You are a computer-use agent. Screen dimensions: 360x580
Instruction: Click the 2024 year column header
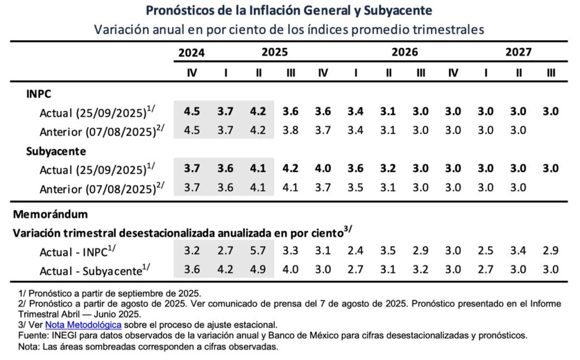191,53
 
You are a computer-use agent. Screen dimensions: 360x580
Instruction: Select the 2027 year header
518,53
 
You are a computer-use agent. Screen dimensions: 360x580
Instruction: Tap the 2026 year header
404,53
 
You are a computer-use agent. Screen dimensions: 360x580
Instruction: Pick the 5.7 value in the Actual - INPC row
258,250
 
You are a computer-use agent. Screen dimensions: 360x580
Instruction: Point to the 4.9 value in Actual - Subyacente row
258,269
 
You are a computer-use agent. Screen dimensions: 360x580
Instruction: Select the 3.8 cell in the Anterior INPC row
291,131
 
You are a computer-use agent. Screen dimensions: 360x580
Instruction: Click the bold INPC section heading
39,93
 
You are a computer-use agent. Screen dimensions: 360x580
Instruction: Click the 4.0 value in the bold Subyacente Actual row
323,169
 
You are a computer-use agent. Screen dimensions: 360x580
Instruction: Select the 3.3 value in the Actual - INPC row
291,250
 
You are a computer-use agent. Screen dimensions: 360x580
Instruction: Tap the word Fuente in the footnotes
33,335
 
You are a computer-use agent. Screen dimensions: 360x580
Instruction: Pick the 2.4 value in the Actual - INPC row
356,250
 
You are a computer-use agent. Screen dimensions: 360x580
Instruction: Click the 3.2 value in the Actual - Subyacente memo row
421,269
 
